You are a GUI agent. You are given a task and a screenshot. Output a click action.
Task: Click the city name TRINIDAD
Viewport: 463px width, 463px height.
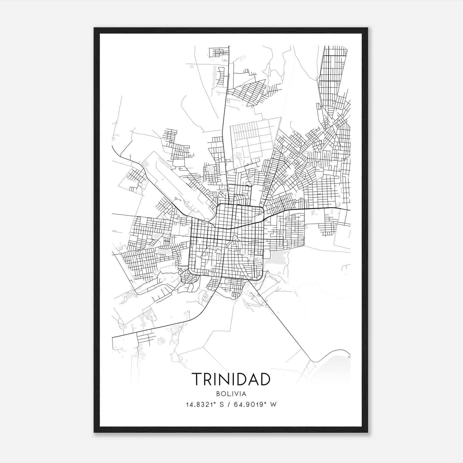[231, 379]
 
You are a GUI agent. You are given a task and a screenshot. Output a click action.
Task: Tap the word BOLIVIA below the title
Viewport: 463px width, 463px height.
[231, 394]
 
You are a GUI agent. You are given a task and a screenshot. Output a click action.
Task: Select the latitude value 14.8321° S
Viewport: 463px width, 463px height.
[205, 405]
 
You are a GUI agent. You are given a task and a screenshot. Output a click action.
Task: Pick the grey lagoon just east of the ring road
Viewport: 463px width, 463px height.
[276, 258]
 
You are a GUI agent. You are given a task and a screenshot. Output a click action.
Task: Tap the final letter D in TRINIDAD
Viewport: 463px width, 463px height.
[264, 379]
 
